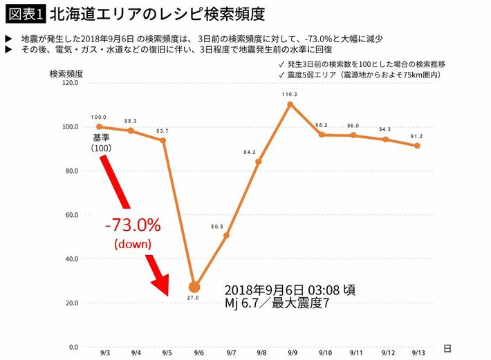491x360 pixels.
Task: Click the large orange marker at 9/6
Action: pos(194,287)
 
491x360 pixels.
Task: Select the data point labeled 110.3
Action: pos(290,104)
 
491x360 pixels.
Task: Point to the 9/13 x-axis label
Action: pos(417,353)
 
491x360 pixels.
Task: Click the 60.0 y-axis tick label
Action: pos(71,215)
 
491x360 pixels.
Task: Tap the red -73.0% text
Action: pos(133,225)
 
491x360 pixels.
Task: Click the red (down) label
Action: pos(133,243)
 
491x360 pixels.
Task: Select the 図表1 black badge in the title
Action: pos(24,13)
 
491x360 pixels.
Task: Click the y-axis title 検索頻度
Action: pos(66,73)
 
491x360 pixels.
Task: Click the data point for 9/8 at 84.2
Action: pos(259,162)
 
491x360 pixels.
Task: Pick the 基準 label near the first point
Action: pos(102,138)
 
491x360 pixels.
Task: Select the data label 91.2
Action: pos(417,136)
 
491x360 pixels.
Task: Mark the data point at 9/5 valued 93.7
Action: pos(163,140)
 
